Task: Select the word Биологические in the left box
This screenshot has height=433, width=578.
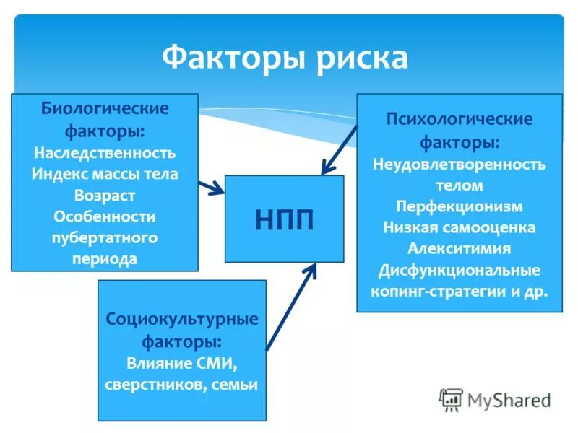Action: [105, 109]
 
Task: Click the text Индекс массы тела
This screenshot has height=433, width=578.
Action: [105, 174]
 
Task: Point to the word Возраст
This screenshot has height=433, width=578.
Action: [105, 196]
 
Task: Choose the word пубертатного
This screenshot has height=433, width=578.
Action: [105, 237]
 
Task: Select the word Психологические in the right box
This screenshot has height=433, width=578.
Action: [460, 118]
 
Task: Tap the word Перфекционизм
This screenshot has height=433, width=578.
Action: [460, 206]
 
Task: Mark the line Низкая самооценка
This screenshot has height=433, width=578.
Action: [460, 227]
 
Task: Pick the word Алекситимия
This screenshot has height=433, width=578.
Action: [460, 249]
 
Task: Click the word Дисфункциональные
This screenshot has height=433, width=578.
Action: [460, 271]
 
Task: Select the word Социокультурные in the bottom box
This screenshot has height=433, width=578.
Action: [182, 318]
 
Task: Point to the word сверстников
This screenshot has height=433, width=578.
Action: [155, 384]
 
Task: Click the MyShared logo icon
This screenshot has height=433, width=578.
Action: [452, 399]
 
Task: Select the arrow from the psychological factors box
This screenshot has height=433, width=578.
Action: [340, 149]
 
